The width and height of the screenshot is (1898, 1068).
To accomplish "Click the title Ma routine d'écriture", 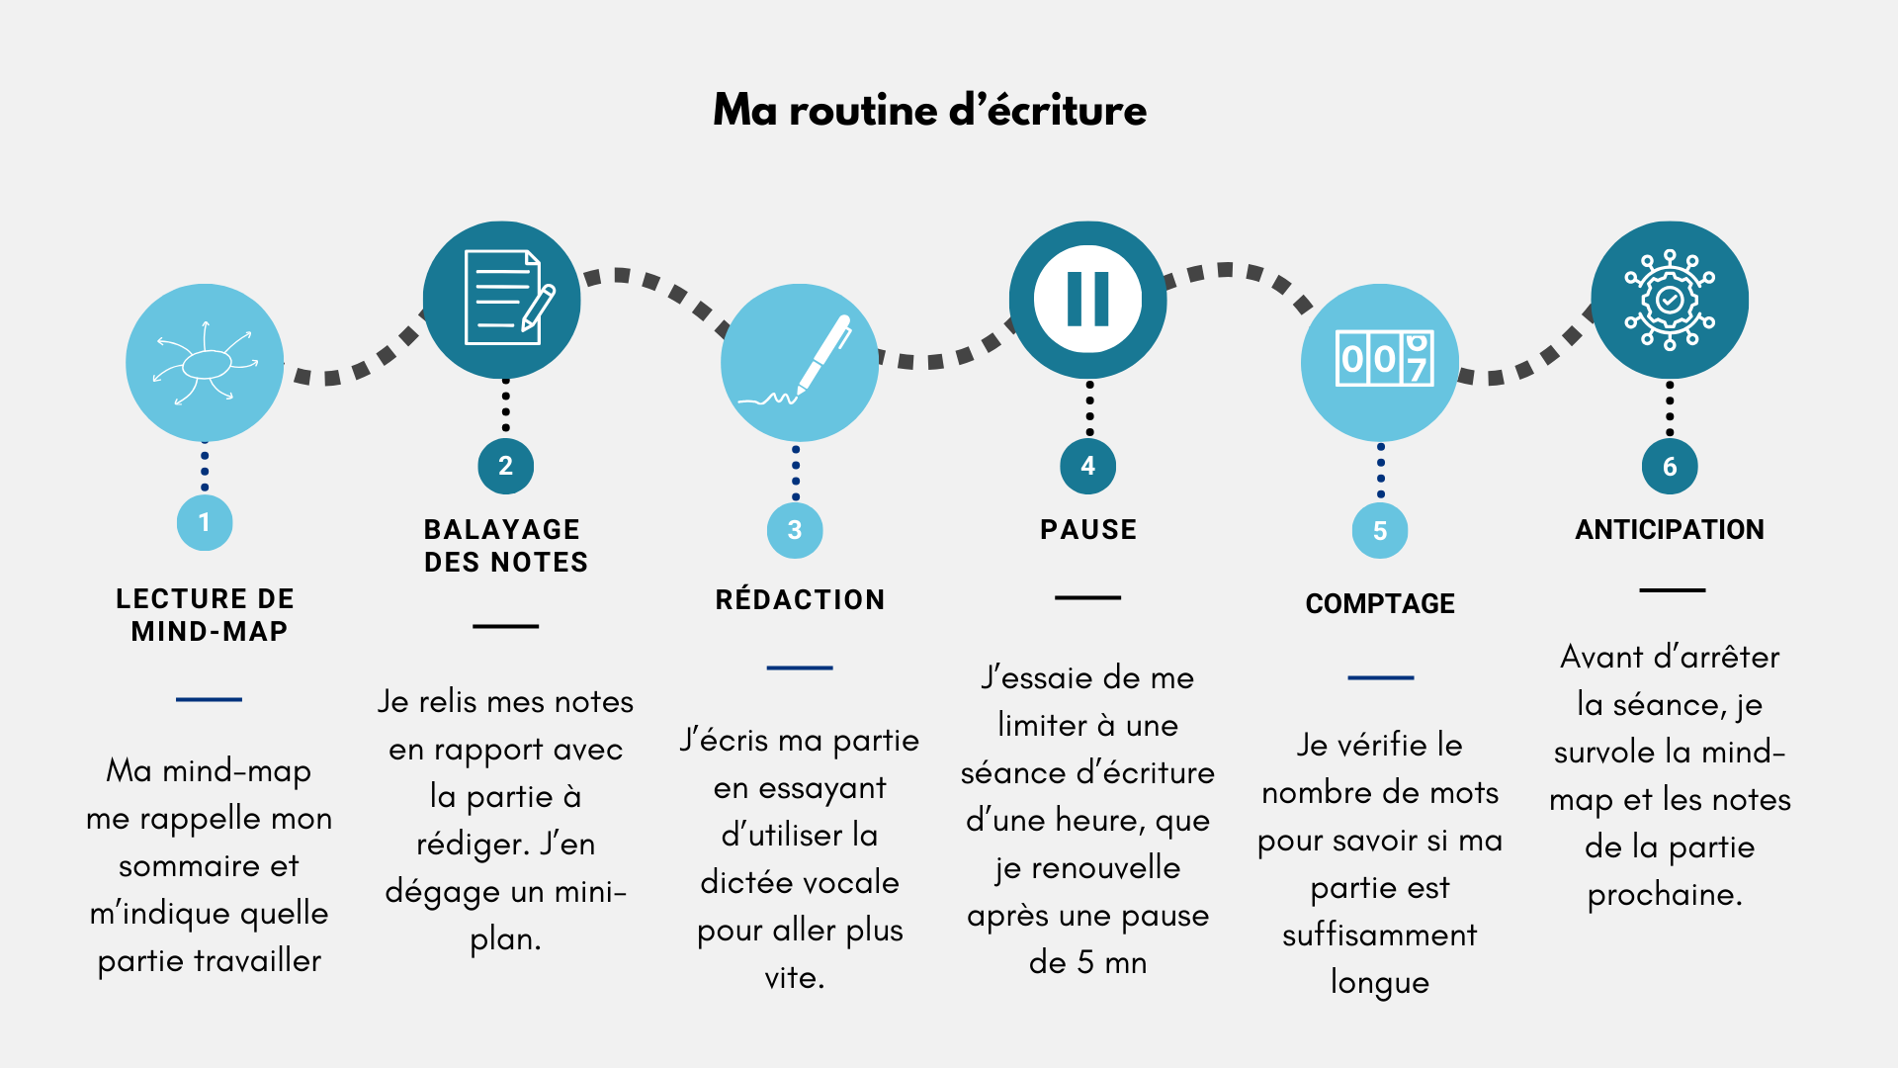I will click(929, 110).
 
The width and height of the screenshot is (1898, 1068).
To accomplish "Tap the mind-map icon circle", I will click(205, 363).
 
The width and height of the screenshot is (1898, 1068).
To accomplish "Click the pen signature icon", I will click(799, 363).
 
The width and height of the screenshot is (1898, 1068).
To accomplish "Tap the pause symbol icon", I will click(1087, 299).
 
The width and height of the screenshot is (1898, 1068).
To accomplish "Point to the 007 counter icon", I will click(1381, 361).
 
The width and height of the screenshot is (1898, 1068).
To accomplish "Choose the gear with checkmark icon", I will click(1670, 299).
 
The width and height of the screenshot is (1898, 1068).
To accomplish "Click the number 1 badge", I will click(205, 522).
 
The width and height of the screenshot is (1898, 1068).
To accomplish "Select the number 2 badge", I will click(505, 466).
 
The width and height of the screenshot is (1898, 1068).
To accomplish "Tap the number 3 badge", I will click(795, 530).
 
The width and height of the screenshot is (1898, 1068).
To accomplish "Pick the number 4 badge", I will click(1087, 466).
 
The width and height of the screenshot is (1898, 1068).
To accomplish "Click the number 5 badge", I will click(1380, 531).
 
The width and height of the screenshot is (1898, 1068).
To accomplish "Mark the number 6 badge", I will click(1670, 467).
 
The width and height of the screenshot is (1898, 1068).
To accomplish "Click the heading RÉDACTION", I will click(800, 599).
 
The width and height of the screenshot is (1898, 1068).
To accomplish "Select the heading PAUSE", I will click(1087, 530).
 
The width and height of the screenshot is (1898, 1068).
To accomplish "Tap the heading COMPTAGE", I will click(1380, 603).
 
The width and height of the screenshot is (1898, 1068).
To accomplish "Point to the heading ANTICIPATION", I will click(1670, 530).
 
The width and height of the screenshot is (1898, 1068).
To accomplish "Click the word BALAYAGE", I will click(502, 530).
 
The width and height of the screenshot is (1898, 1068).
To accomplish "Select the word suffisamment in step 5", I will click(1380, 934).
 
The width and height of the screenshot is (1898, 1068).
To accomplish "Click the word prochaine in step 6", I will click(1664, 895).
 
